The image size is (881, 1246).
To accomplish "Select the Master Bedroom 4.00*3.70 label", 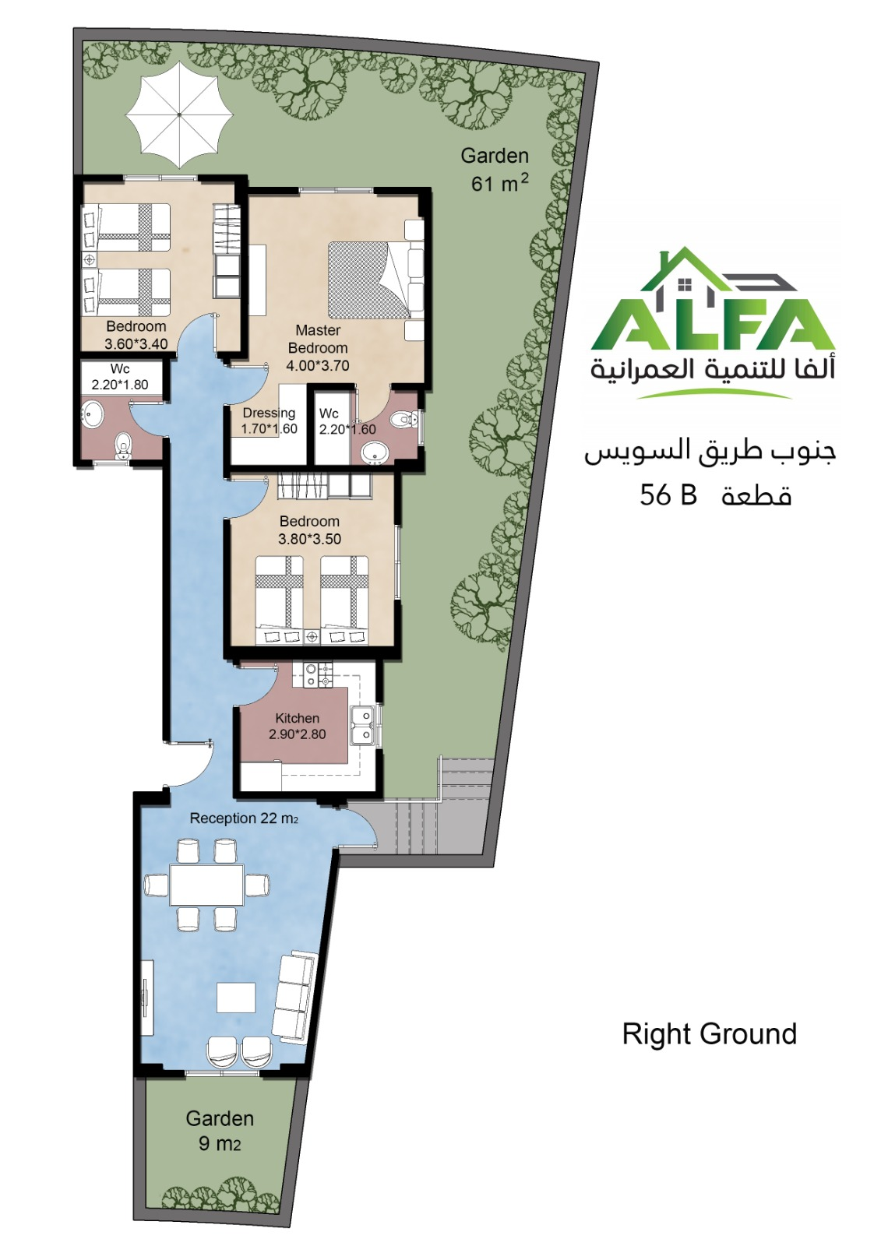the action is pos(318,347).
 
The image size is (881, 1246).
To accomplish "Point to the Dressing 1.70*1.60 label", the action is pos(270,421).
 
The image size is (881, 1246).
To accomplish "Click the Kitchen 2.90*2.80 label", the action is pos(298,726).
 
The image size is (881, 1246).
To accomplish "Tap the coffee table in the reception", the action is pos(236,998).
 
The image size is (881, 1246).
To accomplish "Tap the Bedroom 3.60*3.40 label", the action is pos(136,335).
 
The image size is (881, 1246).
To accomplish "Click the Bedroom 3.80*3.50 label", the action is pos(309,530).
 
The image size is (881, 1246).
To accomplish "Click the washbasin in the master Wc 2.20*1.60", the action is pos(374,452).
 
